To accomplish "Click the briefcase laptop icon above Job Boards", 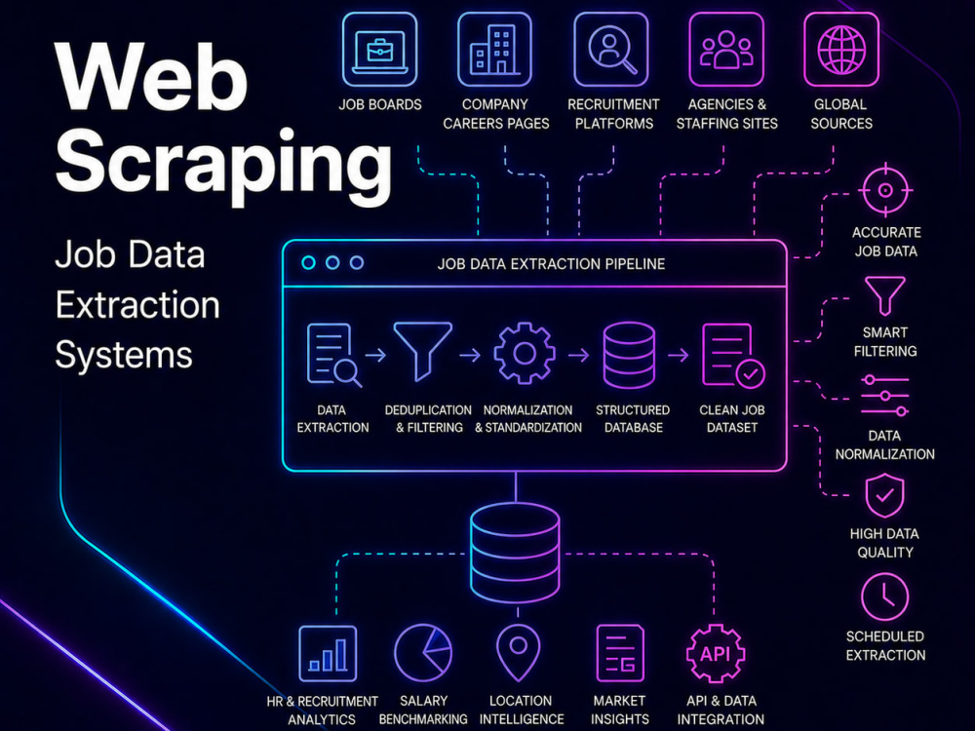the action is point(379,50).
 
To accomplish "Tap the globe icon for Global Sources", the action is point(841,50).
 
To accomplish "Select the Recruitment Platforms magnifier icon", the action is point(610,50).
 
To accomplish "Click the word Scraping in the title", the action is point(224,163).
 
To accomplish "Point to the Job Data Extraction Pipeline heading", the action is point(551,264).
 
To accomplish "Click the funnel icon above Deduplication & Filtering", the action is point(423,351).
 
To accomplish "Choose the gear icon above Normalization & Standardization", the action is point(525,353).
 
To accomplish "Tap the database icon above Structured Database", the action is point(629,355).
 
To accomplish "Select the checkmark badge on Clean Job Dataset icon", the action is point(751,373).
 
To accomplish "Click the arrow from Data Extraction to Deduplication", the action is point(375,355).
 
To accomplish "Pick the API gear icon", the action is point(715,653).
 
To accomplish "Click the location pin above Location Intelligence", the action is point(518,653).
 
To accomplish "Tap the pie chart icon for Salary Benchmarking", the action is point(423,653).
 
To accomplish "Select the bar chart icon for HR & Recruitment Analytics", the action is point(328,654).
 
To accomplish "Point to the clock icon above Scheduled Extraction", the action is point(884,597).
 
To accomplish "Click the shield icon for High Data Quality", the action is point(884,495).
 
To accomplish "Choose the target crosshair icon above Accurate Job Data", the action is point(885,190).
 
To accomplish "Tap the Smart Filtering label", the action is point(885,342).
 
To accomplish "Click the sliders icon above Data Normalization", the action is point(885,396).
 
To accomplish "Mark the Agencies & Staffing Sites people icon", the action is point(726,50).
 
